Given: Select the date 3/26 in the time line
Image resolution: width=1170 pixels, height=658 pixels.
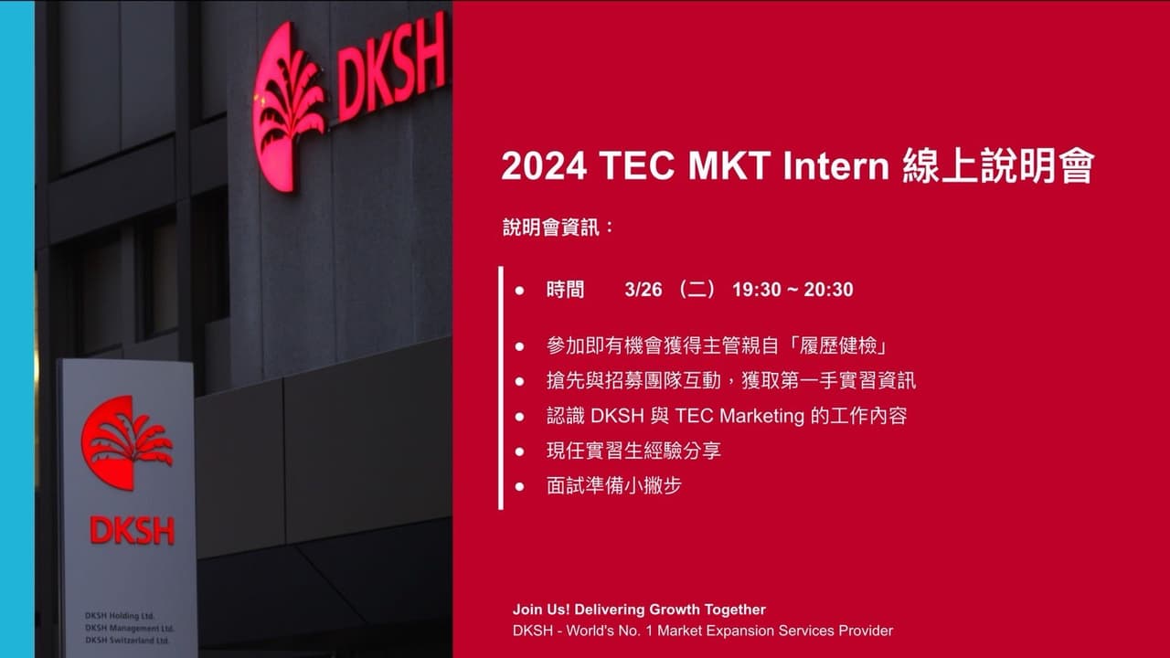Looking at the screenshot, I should (643, 290).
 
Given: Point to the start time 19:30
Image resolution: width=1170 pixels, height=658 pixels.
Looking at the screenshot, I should (756, 290).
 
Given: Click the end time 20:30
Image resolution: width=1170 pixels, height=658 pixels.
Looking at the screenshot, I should (828, 290).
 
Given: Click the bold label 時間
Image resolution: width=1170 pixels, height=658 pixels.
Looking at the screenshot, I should (565, 290).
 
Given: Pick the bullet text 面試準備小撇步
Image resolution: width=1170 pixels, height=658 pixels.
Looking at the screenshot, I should (613, 485).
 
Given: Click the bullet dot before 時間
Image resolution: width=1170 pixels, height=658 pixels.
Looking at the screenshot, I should (519, 291).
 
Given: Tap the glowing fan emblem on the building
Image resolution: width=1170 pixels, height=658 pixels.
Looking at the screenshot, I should (286, 105).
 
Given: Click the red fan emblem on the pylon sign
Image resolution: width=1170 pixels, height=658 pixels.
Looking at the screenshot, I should (125, 441).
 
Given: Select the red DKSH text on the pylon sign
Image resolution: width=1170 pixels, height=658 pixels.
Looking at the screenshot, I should (132, 530).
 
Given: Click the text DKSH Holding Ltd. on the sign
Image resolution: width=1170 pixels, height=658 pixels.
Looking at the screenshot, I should (118, 615).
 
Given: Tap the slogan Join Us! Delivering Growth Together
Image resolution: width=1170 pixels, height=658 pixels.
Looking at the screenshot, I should (639, 610).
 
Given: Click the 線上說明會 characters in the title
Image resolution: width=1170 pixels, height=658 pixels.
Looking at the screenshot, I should (998, 167).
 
